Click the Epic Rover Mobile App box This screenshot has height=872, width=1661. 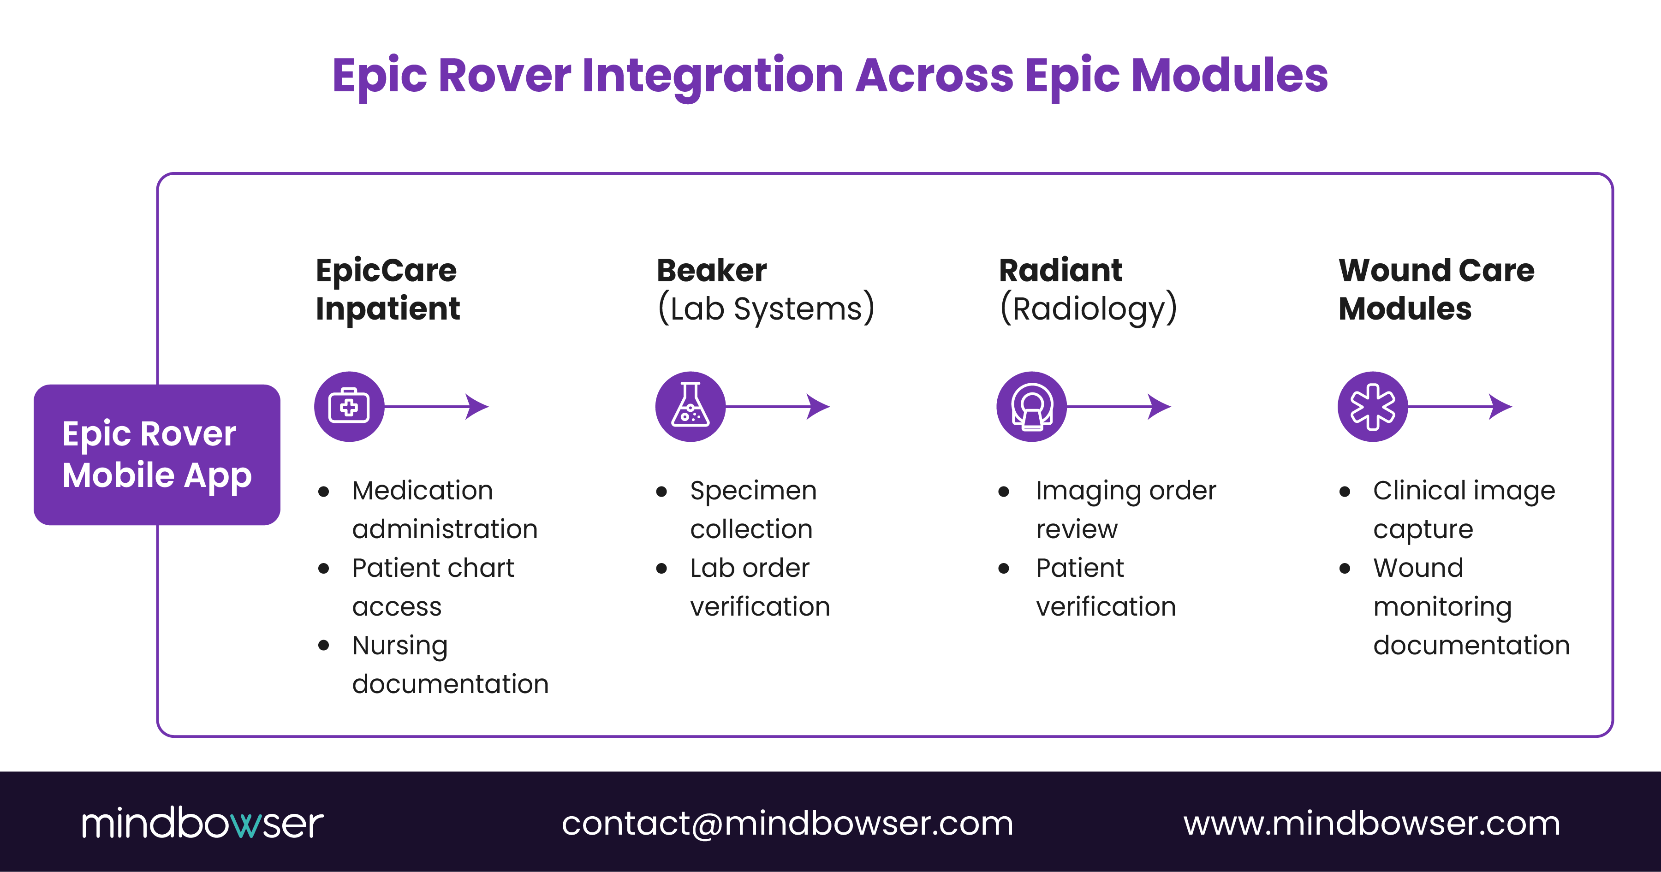click(157, 454)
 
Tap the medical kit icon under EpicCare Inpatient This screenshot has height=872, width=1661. click(349, 407)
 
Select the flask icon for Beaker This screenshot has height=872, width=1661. click(690, 407)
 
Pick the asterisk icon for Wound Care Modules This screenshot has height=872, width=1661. click(1372, 407)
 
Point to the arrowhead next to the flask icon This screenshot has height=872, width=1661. click(818, 407)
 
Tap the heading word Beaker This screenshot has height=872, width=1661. click(711, 270)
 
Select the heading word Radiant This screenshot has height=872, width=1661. click(1060, 270)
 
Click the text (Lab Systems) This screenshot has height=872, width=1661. click(765, 308)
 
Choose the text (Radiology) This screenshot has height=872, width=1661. click(1088, 308)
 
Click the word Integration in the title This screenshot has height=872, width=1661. click(713, 76)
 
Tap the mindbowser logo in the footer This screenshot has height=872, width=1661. click(202, 823)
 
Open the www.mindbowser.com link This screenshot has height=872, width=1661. click(1371, 823)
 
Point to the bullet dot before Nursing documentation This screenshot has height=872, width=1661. click(324, 645)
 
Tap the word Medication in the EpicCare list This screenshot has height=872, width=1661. click(423, 491)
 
